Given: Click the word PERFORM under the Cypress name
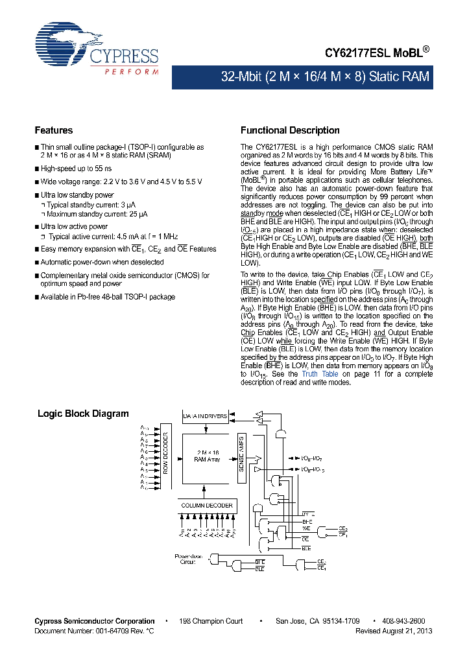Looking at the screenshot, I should pos(132,71).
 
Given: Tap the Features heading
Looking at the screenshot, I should pos(54,130).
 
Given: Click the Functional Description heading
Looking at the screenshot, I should pos(290,130).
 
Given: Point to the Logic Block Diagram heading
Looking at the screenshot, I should pos(83,414).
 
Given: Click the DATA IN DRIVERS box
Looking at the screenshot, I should pos(205,416).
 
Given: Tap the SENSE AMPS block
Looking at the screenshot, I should pos(241,458).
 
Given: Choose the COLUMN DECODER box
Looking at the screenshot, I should pos(206,505).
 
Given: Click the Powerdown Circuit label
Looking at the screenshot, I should pos(189,559).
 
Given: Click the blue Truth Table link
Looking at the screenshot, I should pos(320,374).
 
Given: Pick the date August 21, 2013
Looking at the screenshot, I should pos(407,630).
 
